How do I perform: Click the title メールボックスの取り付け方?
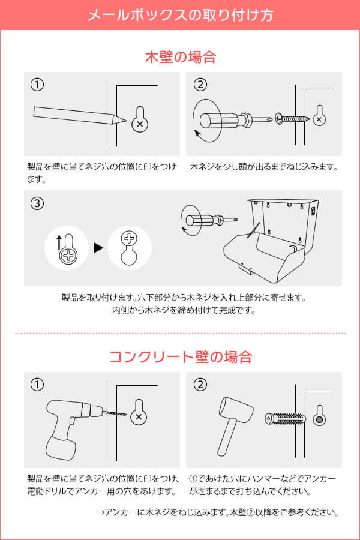tap(180, 15)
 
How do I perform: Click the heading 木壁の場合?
tap(180, 58)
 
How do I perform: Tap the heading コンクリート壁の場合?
tap(180, 357)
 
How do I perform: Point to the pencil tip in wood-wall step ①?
tap(124, 122)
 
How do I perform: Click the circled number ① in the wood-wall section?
tap(37, 85)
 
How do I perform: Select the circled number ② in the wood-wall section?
tap(200, 85)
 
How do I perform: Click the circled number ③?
tap(37, 203)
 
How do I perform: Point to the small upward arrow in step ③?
tap(59, 242)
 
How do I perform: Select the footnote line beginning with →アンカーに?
tap(218, 512)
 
